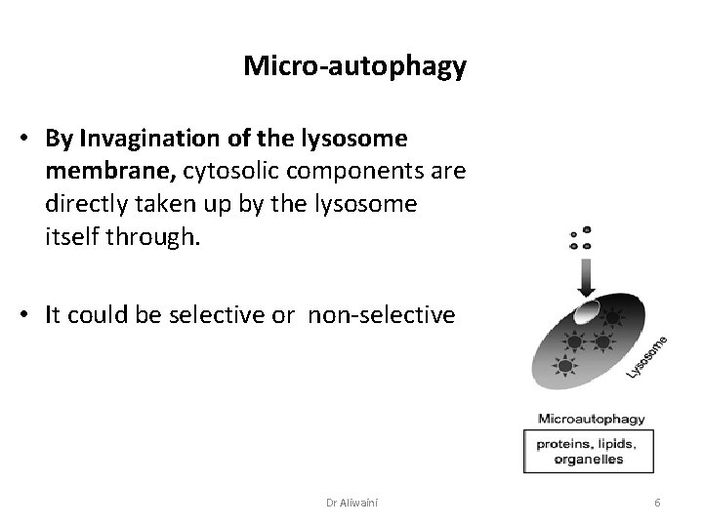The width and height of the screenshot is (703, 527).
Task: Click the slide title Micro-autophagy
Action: [354, 66]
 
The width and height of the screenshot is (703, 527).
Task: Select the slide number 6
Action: [658, 502]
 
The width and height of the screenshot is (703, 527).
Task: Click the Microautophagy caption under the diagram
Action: [592, 419]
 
